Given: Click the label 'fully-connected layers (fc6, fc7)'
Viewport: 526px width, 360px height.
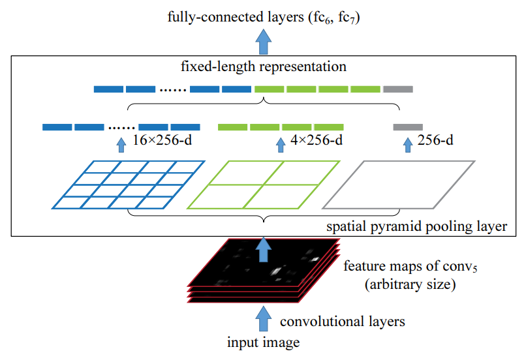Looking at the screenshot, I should click(263, 19).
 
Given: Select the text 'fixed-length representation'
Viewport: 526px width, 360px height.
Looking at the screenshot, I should click(263, 67).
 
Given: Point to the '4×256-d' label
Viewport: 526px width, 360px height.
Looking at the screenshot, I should click(318, 140).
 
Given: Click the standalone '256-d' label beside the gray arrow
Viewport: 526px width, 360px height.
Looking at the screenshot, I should click(435, 140).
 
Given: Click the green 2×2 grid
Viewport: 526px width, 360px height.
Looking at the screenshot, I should click(264, 185).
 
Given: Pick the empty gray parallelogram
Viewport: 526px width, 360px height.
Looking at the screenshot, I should click(398, 185).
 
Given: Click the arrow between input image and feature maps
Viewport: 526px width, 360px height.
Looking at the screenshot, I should click(263, 320).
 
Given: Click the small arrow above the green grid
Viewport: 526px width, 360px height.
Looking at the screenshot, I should click(281, 143).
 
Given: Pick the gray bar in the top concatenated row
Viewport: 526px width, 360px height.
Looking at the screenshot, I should click(398, 89).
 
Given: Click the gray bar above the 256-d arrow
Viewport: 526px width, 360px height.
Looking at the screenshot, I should click(408, 127).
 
